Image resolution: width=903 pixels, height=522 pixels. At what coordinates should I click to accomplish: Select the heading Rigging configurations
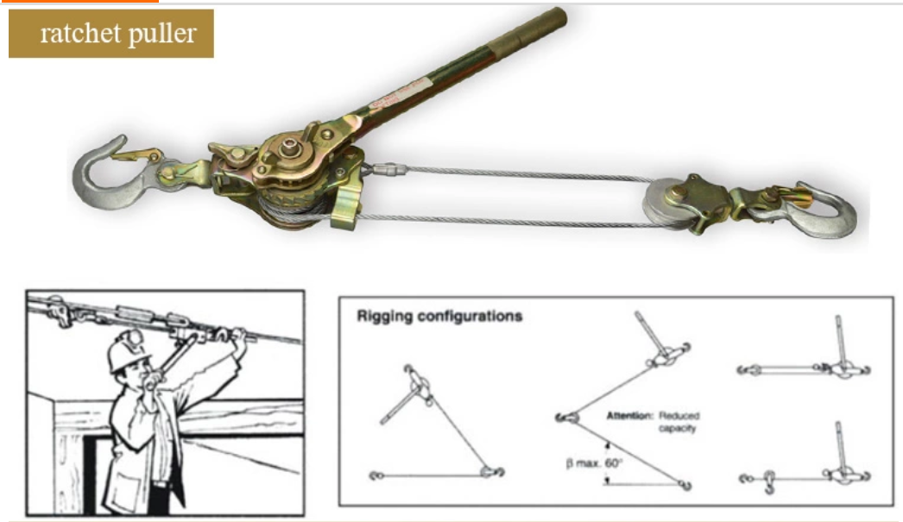point(439,316)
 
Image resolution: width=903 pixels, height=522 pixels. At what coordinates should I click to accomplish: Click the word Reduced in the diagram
point(682,416)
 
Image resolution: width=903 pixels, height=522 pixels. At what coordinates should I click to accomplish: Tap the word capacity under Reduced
point(679,429)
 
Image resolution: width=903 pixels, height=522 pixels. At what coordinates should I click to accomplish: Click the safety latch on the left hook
point(138,155)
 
